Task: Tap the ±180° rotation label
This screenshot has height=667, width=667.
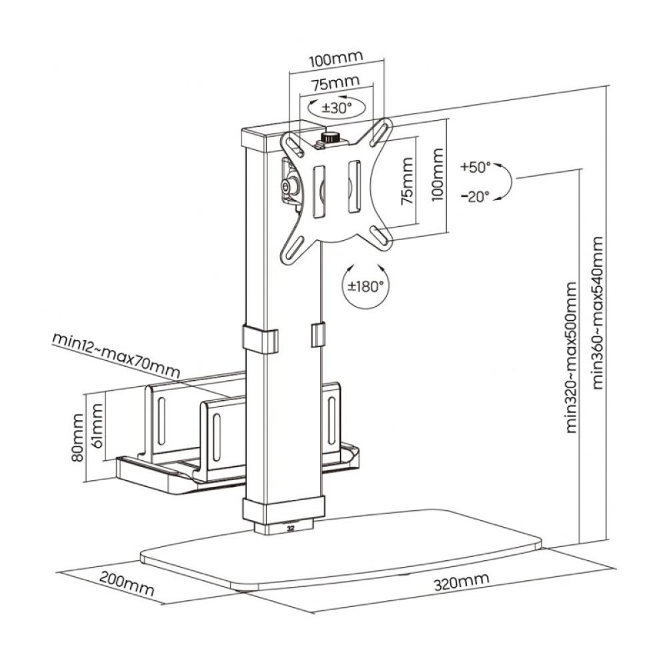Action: tap(366, 287)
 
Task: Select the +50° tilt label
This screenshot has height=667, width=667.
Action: tap(475, 167)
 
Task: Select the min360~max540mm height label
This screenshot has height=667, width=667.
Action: tap(598, 312)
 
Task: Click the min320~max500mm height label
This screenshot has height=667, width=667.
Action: tap(572, 358)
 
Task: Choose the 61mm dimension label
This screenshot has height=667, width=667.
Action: tap(97, 427)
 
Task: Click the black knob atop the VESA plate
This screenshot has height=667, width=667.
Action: tap(329, 138)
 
